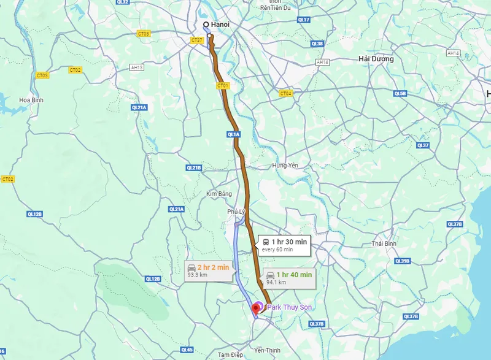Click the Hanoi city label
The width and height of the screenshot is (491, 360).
coord(220,25)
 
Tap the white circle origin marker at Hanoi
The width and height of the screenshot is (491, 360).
coord(206,25)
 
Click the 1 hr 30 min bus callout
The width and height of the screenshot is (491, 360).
coord(284,245)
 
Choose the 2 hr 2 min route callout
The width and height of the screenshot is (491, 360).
coord(208,270)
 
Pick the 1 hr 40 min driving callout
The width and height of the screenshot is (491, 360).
coord(288,278)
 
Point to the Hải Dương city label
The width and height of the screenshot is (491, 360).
coord(376,59)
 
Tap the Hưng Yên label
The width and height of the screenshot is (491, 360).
coord(285,166)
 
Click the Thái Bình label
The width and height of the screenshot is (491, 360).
coord(385,243)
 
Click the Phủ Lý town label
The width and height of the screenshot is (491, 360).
coord(236,212)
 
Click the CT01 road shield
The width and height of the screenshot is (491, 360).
coord(222,86)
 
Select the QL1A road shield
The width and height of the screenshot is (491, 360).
coord(233,134)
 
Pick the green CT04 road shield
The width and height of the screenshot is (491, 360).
coord(285,93)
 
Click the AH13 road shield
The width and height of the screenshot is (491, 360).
coord(137,67)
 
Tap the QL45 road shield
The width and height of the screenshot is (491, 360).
coord(187,350)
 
